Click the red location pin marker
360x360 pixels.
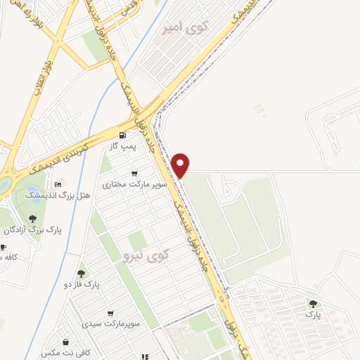click(x=181, y=164)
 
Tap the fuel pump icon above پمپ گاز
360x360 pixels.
click(x=124, y=135)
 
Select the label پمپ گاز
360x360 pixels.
click(x=120, y=145)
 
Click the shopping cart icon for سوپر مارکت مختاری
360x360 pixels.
click(x=134, y=174)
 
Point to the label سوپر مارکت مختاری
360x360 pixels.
click(x=127, y=184)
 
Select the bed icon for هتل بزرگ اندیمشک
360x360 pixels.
click(x=57, y=184)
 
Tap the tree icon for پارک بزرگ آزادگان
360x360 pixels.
click(x=33, y=219)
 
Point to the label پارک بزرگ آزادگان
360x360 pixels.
click(x=33, y=230)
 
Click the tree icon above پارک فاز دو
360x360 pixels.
click(x=81, y=273)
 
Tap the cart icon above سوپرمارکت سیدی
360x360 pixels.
click(x=110, y=314)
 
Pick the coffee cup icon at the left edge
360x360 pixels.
click(x=3, y=247)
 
